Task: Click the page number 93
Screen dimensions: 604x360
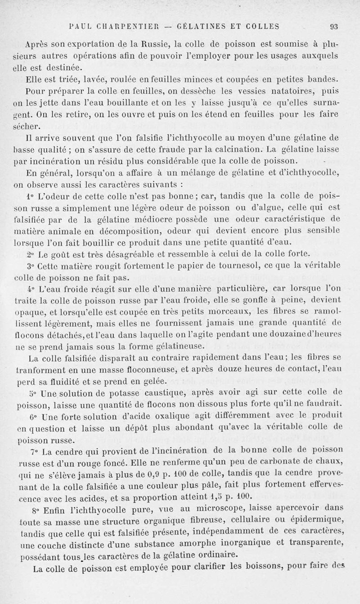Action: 334,26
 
